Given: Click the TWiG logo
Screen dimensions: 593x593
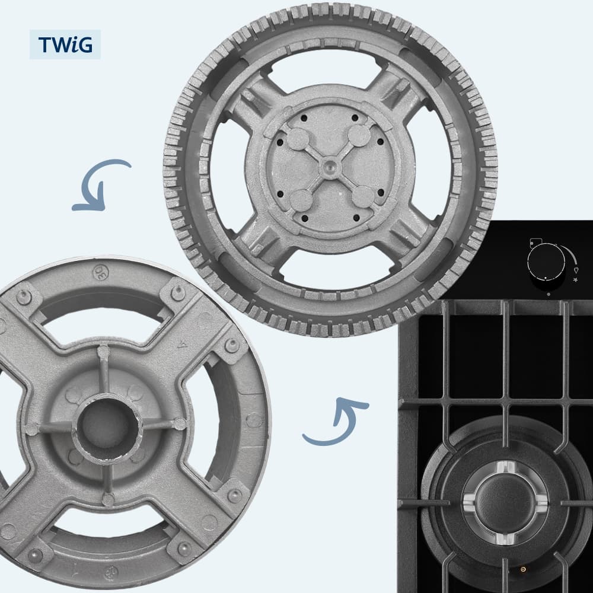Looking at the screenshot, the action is tap(65, 44).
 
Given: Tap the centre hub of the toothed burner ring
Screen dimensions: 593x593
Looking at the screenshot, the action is tap(330, 166).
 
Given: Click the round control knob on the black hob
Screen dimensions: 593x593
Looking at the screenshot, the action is tap(546, 262).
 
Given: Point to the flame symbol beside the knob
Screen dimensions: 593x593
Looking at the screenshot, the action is tap(576, 270).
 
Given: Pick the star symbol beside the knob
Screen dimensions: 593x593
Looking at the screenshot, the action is tap(576, 280).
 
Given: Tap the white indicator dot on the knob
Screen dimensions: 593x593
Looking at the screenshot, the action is tap(546, 278).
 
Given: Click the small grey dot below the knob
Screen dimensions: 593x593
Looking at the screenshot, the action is tap(549, 294).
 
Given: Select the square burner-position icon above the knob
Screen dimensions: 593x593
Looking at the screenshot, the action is tap(536, 242).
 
